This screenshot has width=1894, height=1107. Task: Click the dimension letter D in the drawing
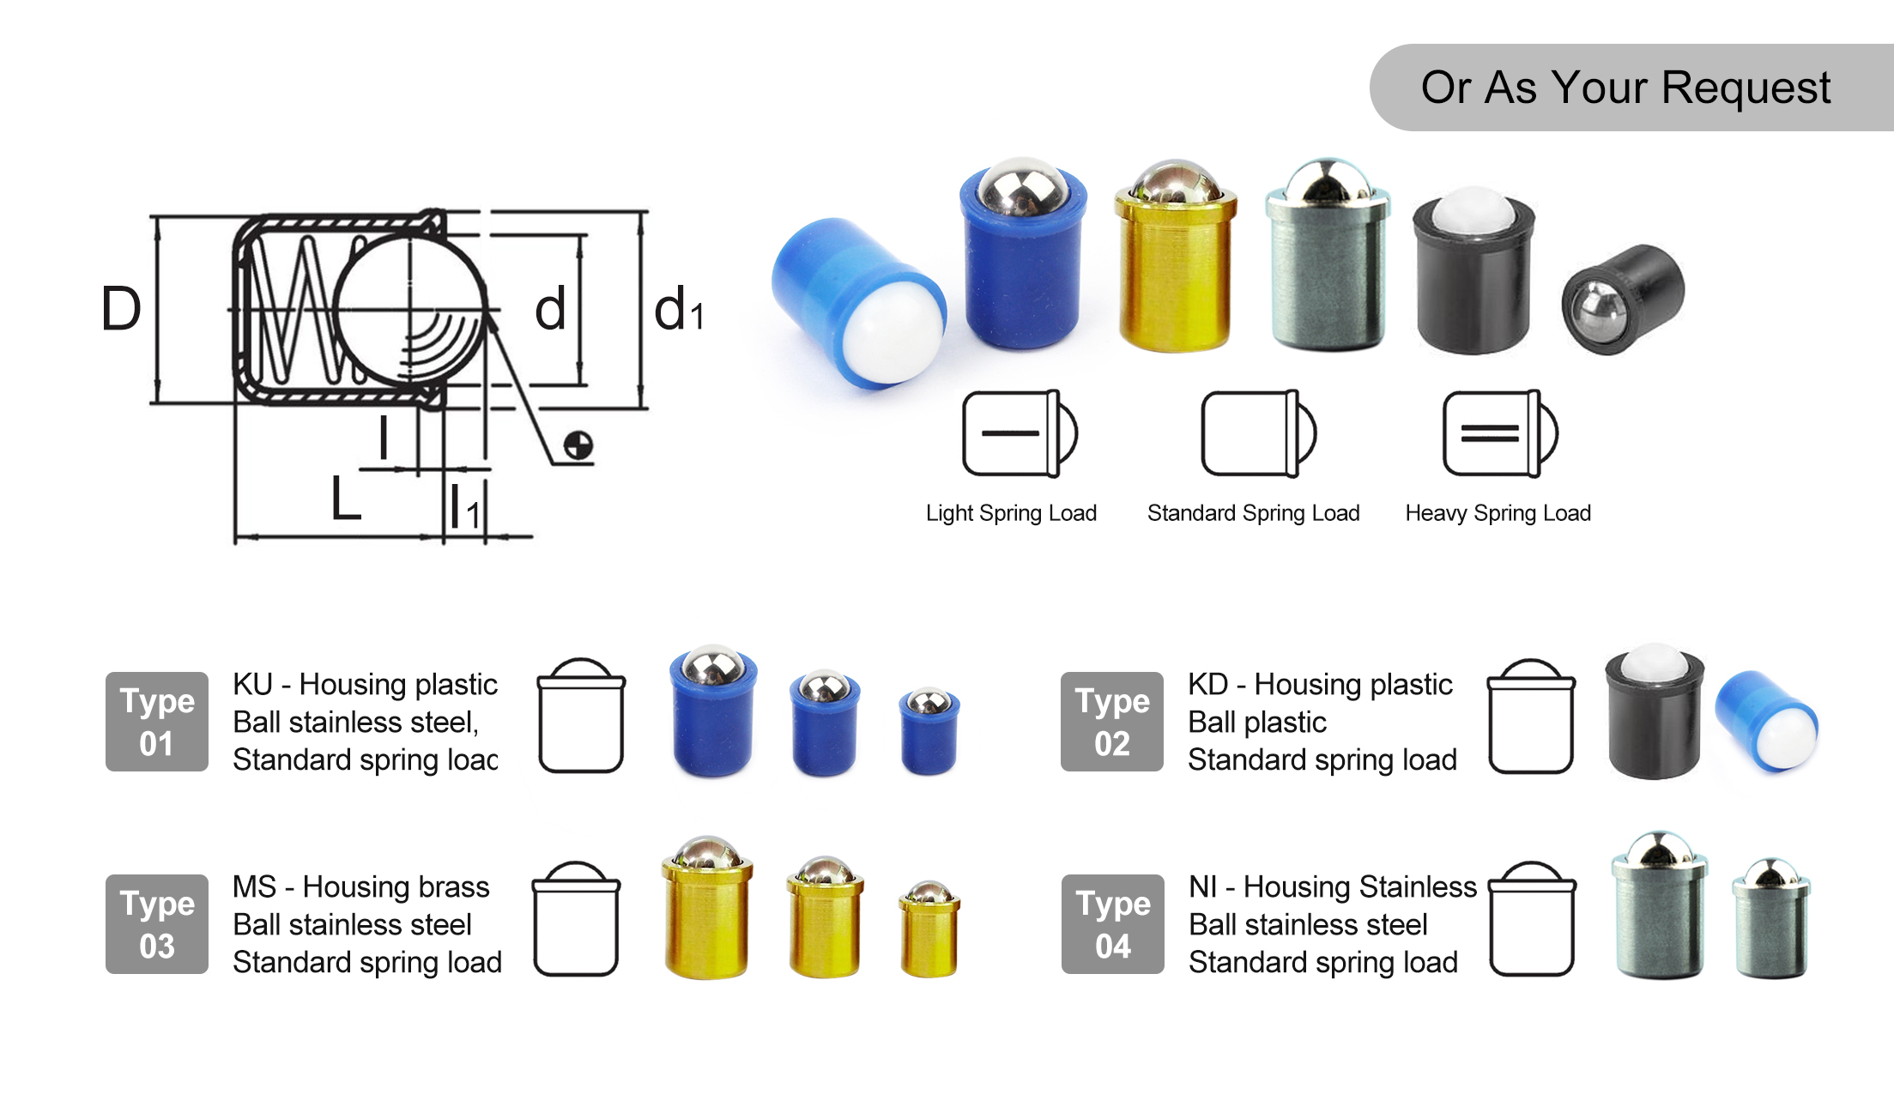[120, 309]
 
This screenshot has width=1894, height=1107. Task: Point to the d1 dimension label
[678, 311]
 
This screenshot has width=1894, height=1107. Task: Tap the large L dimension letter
[346, 498]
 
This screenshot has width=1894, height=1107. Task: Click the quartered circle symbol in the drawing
[578, 445]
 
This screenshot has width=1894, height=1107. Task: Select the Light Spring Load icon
[1019, 433]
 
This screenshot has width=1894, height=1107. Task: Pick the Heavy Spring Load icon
[1499, 433]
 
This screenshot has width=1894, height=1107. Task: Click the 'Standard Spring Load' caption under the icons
[1253, 513]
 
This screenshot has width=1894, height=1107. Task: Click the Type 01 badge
[157, 722]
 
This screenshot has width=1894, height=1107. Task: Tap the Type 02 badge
[1112, 722]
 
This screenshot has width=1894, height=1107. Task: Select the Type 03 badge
[157, 924]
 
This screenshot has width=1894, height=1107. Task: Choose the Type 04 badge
[1113, 924]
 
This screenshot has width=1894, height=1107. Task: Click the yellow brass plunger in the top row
[1175, 257]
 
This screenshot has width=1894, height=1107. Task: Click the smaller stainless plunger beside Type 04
[1771, 918]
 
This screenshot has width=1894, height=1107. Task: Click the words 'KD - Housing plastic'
[1320, 685]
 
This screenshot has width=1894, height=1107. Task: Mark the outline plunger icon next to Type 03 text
[576, 919]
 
